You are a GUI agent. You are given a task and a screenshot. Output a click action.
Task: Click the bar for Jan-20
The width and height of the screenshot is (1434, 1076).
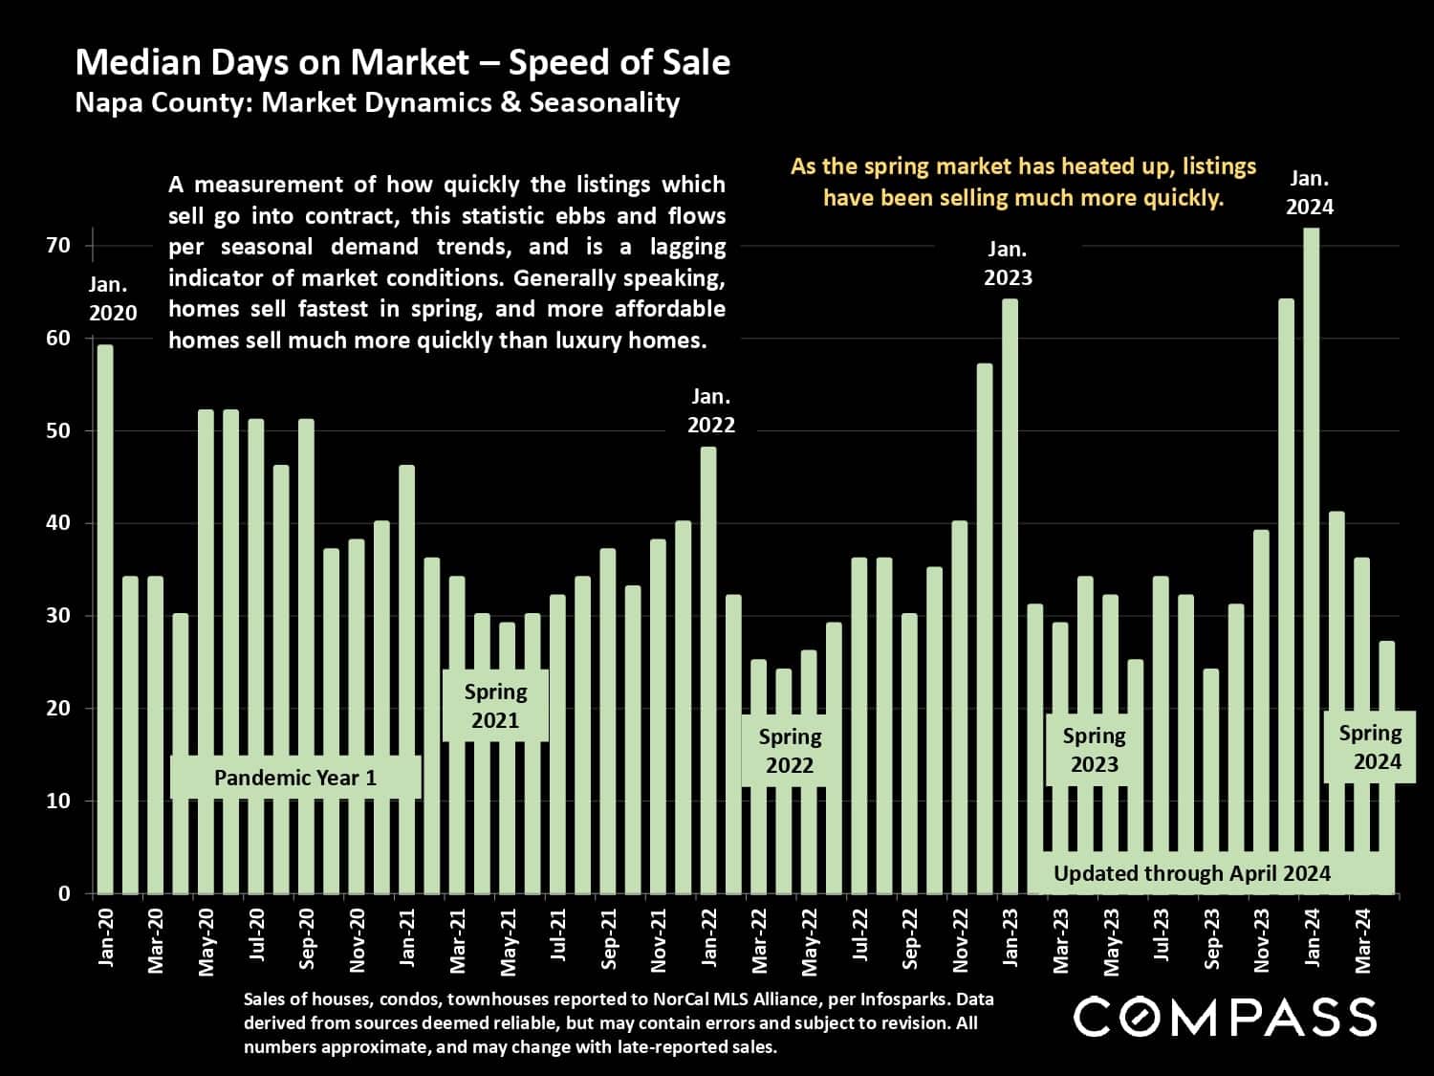point(105,622)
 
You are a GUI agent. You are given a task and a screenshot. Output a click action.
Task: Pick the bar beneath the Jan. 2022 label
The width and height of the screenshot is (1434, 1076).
point(708,670)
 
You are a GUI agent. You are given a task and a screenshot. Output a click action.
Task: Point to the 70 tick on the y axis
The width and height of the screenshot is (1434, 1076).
point(58,246)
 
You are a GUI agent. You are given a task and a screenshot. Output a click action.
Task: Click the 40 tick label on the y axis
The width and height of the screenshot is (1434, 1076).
point(58,523)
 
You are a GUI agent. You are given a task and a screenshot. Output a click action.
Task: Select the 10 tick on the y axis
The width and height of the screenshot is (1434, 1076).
point(58,802)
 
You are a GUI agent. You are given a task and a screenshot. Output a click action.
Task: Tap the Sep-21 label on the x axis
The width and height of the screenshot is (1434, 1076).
point(609,941)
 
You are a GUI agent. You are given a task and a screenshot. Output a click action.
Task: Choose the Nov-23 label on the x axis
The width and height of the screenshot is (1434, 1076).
point(1261,941)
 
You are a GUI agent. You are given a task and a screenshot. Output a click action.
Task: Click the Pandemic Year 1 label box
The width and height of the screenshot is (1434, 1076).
point(295,778)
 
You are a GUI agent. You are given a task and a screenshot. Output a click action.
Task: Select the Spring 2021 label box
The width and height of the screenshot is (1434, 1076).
point(495,706)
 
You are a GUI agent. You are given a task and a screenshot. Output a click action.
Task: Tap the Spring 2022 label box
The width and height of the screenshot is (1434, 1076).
point(790,751)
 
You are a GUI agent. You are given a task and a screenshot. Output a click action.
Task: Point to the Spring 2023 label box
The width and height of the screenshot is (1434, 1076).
point(1094,750)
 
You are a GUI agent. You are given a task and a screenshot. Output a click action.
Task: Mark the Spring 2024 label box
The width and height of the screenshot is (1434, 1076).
point(1370,747)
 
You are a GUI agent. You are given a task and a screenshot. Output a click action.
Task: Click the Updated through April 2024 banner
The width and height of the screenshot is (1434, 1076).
point(1191,873)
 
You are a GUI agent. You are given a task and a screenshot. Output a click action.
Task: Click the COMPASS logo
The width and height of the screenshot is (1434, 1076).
point(1225,1017)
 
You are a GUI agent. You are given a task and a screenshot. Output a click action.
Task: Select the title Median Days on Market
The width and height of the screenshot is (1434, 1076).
point(402,62)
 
